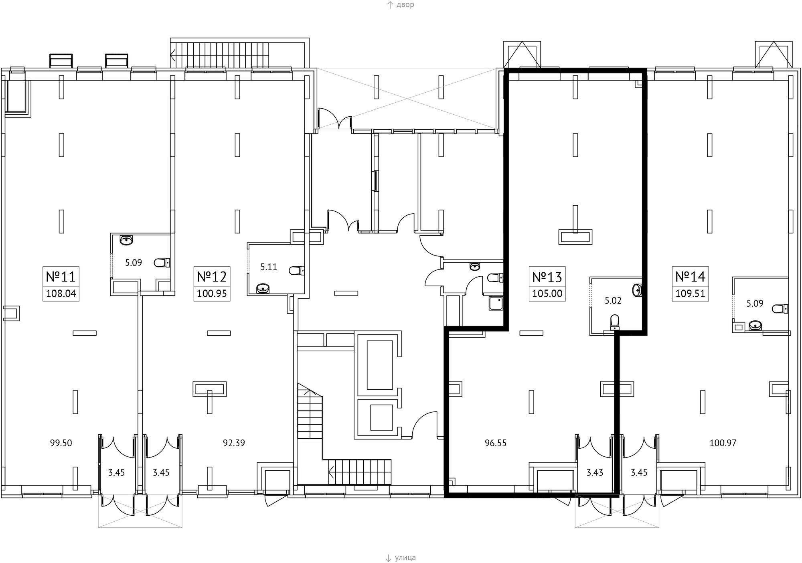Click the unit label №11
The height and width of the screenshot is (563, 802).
click(x=61, y=277)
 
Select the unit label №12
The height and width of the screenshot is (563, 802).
click(x=212, y=277)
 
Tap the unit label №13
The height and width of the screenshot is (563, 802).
click(x=547, y=277)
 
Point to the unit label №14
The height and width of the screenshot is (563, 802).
click(x=690, y=277)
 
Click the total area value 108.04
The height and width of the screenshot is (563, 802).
click(x=61, y=294)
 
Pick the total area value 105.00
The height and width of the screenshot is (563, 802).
click(x=547, y=294)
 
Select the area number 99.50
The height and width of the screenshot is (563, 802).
click(x=61, y=443)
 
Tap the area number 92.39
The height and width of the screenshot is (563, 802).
click(x=234, y=443)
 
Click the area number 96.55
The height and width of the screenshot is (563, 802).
click(x=496, y=443)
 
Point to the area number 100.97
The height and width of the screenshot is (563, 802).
click(x=723, y=443)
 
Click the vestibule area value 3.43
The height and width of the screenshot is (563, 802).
click(x=595, y=473)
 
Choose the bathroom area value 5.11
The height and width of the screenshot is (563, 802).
click(x=269, y=267)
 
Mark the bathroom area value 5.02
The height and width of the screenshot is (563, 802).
click(x=613, y=301)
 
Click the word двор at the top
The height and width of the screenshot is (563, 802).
click(x=405, y=5)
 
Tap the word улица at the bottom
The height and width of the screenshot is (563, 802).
click(x=405, y=558)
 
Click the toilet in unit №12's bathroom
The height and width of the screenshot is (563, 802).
click(x=297, y=271)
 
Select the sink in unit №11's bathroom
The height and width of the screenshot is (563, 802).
click(x=126, y=241)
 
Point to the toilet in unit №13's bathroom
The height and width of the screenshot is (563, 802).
click(x=614, y=322)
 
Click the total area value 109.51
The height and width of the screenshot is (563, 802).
click(x=690, y=294)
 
